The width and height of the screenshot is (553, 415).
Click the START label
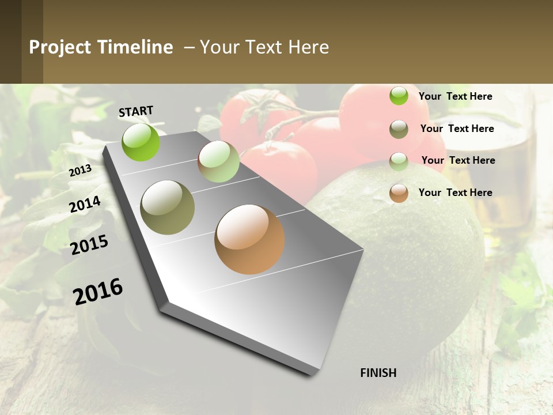pos(136,111)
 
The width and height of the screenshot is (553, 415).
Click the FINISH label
pos(378,373)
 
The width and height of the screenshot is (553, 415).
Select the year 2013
pos(80,171)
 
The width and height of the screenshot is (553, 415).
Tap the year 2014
pos(85,205)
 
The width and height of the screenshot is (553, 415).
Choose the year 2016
pos(98,291)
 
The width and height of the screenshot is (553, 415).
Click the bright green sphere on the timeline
pos(141,142)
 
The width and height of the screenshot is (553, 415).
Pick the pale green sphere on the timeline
pos(218,161)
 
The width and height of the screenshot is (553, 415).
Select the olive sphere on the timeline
pos(168,207)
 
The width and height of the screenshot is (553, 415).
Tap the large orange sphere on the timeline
pos(249,239)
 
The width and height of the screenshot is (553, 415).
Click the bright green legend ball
pos(399,96)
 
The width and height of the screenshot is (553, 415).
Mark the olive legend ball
pos(399,129)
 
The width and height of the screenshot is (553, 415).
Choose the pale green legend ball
pos(399,161)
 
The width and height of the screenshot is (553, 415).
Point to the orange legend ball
pos(399,193)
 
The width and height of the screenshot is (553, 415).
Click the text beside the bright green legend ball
pos(455,96)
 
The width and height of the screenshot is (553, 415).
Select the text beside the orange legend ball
pos(455,193)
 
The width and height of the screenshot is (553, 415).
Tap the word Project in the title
pos(60,47)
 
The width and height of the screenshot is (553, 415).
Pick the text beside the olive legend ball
pos(457,129)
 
